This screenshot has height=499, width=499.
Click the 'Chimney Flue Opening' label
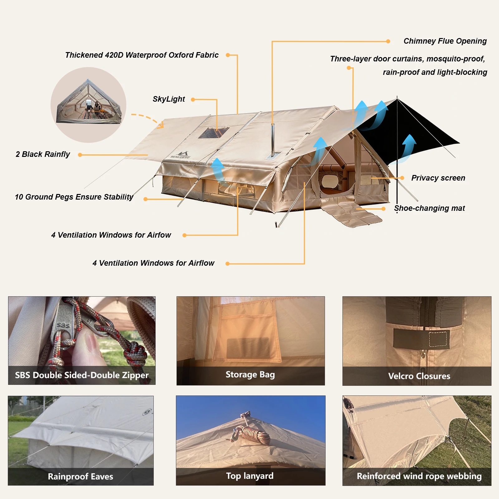click(x=445, y=41)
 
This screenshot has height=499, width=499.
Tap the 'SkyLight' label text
click(x=169, y=99)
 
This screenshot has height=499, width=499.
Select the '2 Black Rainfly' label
click(x=43, y=154)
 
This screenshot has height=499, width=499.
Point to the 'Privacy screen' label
click(x=438, y=178)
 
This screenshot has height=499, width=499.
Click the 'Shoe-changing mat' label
click(x=429, y=208)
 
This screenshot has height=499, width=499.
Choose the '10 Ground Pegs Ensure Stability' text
click(x=74, y=197)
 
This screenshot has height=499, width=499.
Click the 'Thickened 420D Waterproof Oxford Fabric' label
click(x=142, y=55)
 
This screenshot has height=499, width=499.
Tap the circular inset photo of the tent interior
click(x=89, y=105)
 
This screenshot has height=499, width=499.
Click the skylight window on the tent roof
click(x=214, y=133)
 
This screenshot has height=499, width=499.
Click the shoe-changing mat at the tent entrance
click(x=351, y=213)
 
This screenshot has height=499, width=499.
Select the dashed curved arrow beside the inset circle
click(x=148, y=120)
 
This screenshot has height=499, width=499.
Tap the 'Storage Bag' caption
click(x=250, y=375)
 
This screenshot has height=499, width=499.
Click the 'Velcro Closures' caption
click(x=419, y=376)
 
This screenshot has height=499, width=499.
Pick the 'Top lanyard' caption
click(x=250, y=476)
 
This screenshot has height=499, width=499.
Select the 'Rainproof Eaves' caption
click(x=80, y=477)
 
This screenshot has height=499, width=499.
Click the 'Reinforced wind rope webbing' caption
click(x=419, y=476)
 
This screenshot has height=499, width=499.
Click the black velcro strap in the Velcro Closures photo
click(x=421, y=338)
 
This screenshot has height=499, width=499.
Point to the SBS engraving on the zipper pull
click(x=63, y=325)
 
